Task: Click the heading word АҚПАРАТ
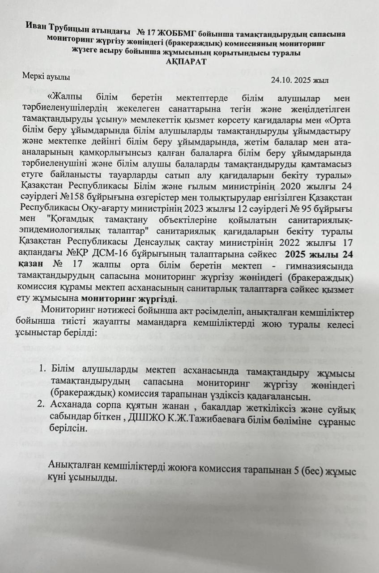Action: point(185,61)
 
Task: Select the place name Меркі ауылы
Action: point(47,76)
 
